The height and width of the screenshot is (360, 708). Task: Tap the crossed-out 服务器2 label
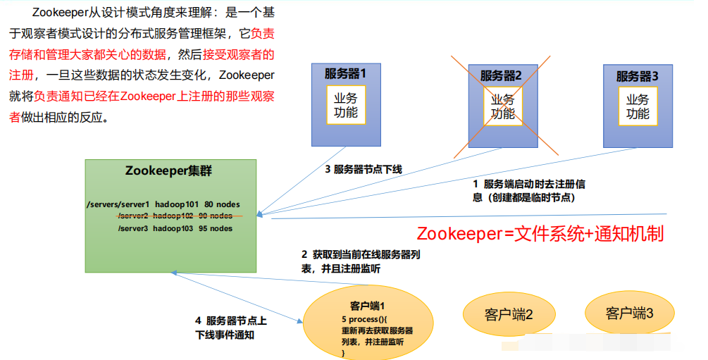point(501,75)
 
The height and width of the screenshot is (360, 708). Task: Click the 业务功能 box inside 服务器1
point(345,106)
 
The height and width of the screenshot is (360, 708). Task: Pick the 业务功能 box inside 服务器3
point(638,106)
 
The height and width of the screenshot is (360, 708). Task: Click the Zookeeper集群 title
point(168,170)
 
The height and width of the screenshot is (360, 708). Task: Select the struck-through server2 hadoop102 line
point(175,216)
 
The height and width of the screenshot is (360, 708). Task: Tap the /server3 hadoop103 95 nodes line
point(175,228)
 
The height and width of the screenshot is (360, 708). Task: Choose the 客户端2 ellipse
point(509,314)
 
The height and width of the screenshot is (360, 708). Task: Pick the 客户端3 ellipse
point(629,313)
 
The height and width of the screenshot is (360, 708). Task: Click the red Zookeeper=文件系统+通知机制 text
point(540,234)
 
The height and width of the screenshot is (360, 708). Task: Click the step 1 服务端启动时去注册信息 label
point(529,191)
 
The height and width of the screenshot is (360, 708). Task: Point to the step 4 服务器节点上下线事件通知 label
point(231,328)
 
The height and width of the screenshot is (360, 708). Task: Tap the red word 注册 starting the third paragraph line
point(22,74)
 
